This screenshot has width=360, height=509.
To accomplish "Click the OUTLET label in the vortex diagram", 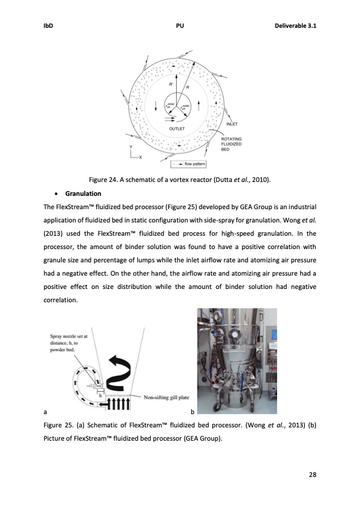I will click(177, 128).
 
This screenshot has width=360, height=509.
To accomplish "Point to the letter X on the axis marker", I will click(140, 158).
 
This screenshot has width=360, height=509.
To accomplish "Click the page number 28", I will click(312, 473).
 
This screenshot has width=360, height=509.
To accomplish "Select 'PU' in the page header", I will click(180, 26).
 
